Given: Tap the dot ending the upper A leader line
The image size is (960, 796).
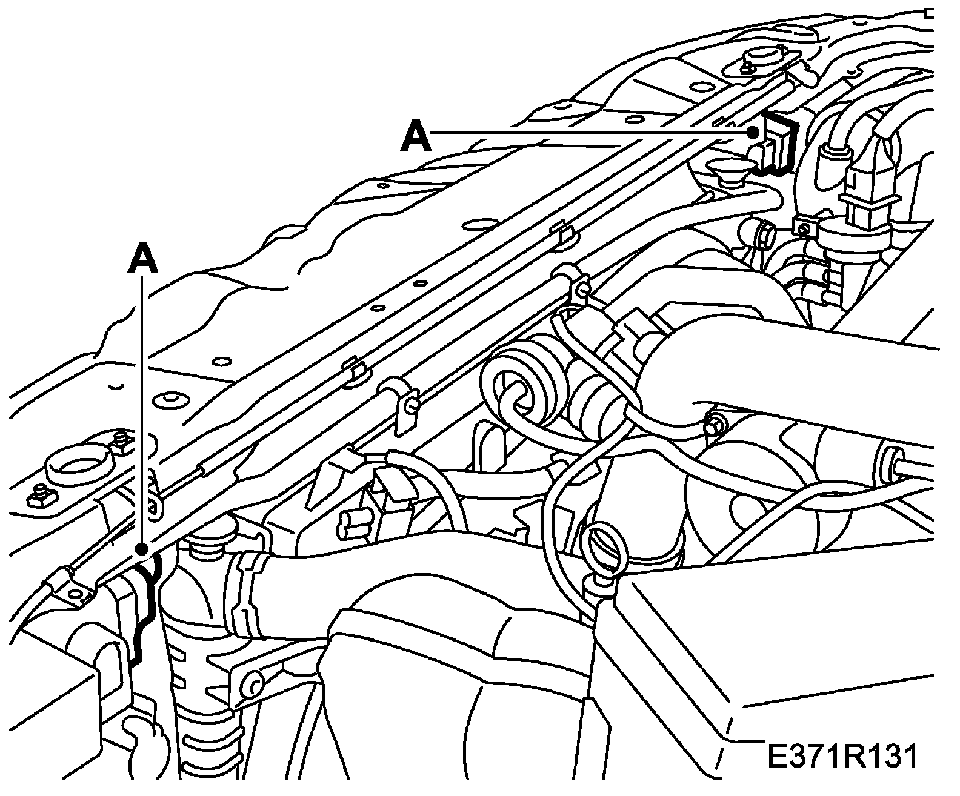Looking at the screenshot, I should tap(753, 133).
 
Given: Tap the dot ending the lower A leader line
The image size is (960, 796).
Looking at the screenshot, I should tap(143, 549).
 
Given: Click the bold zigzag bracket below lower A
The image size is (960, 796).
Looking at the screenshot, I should tap(144, 612).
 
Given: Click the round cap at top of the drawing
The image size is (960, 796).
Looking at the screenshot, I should tap(759, 61).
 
